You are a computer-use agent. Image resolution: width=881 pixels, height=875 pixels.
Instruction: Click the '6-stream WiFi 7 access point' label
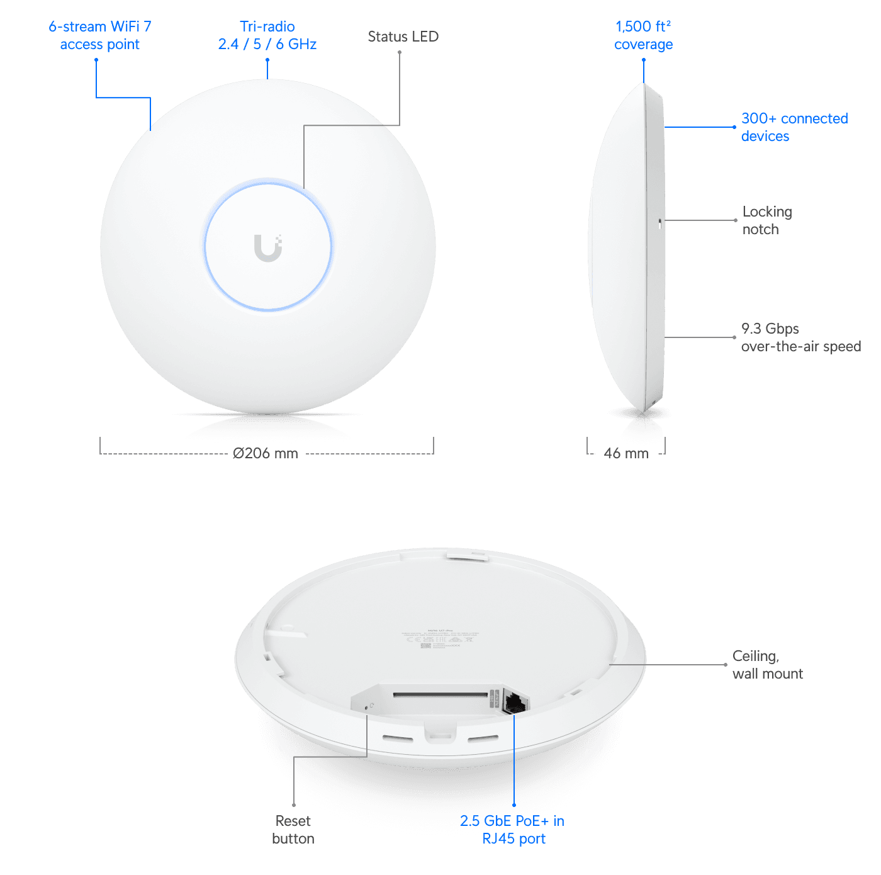tap(99, 35)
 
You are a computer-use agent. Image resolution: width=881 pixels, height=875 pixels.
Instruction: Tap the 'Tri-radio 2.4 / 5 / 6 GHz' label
tap(267, 35)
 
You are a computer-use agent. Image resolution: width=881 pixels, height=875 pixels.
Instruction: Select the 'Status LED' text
tap(403, 37)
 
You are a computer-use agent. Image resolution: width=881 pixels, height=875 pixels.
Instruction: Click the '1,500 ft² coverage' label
tap(643, 35)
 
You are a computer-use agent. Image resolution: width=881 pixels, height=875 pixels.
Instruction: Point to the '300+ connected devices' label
tap(794, 127)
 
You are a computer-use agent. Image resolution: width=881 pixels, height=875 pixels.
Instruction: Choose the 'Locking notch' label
tap(766, 220)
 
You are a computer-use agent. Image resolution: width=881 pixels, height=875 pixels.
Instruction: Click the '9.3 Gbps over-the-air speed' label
tap(800, 337)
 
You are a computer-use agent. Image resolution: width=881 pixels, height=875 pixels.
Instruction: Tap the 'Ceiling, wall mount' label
tap(767, 665)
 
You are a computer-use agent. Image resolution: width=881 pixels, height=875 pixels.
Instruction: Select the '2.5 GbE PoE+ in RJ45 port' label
tap(512, 829)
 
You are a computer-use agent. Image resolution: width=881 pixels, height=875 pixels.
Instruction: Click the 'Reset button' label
tap(293, 830)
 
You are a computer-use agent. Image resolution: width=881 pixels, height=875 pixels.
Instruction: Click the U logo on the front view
tap(268, 247)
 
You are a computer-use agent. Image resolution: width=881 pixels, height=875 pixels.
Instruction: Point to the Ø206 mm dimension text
tap(266, 452)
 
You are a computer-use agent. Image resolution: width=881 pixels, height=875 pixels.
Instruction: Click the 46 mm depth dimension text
tap(626, 453)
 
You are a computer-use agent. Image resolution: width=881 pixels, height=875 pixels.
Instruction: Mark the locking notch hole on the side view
tap(659, 222)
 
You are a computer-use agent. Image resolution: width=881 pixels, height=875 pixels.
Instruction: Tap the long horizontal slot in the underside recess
tap(441, 696)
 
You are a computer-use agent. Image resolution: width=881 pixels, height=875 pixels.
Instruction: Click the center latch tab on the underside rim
tap(440, 733)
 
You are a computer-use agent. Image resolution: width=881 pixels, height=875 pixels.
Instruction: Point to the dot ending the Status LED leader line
tap(400, 52)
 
